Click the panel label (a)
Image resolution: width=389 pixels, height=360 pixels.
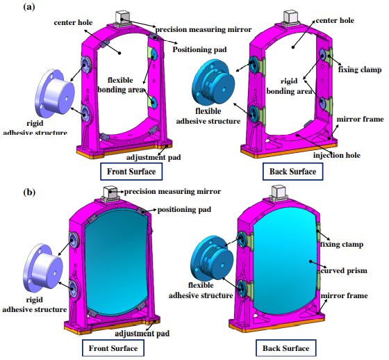29,7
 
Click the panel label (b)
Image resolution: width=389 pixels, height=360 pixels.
29,193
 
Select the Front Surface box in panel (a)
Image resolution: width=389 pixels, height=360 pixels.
131,172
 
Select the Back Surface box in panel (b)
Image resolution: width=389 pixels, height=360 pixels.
285,348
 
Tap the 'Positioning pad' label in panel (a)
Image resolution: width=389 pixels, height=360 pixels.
199,49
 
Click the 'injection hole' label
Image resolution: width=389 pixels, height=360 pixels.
337,156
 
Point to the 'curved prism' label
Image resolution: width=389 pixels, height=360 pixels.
344,270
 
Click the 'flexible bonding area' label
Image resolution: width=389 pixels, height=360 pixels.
121,85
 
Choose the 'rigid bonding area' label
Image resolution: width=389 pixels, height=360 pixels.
289,86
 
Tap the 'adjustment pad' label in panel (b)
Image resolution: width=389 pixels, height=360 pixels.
142,334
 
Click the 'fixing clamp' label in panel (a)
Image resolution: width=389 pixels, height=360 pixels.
360,69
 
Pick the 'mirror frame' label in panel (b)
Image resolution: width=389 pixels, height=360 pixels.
344,295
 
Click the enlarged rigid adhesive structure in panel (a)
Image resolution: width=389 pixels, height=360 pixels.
55,95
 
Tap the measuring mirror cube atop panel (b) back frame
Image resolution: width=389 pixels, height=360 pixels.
279,193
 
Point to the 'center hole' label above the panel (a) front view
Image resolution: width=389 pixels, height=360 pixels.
73,23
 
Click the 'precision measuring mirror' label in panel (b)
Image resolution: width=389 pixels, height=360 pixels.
172,192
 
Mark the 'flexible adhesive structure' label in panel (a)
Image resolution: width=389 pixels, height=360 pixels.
208,116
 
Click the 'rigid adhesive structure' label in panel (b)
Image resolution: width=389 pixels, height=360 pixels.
35,304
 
